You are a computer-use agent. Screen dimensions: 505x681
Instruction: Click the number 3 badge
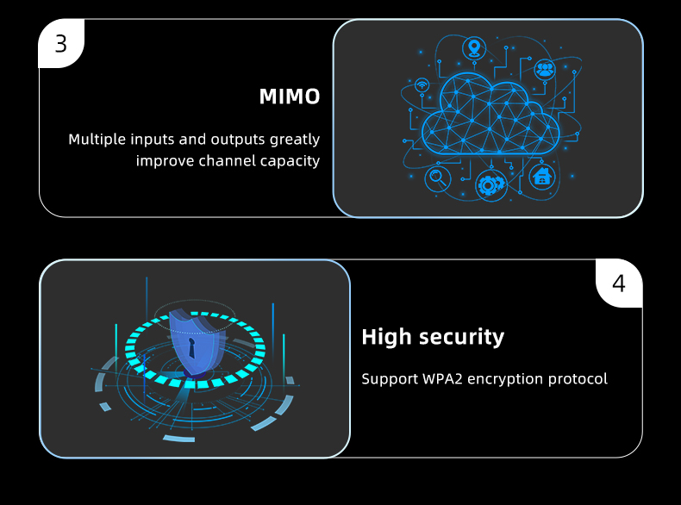pos(60,44)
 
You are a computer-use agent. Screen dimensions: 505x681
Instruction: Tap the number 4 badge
pos(619,284)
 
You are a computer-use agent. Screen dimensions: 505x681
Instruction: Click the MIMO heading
pos(290,97)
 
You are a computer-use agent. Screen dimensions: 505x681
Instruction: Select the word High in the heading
pos(386,337)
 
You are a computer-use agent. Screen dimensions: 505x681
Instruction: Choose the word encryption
pos(505,379)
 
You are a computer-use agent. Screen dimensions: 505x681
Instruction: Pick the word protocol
pos(579,379)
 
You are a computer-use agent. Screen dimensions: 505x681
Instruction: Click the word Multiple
pos(97,139)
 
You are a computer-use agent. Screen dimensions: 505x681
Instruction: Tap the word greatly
pos(295,140)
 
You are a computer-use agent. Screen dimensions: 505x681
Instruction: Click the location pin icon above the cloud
pos(472,47)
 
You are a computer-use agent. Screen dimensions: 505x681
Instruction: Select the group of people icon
pos(545,69)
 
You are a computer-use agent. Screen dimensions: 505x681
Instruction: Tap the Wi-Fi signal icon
pos(422,85)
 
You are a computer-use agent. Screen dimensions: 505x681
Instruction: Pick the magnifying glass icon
pos(437,178)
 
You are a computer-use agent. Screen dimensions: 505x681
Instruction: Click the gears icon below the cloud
pos(490,184)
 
